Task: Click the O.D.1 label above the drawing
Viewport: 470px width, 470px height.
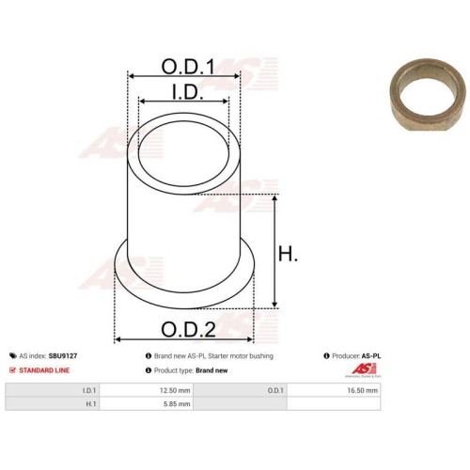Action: coord(188,67)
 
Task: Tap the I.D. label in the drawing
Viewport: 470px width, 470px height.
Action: coord(188,91)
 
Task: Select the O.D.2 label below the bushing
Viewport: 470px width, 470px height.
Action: coord(188,329)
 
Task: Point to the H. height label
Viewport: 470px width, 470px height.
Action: coord(288,254)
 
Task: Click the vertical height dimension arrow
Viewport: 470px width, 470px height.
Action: coord(274,251)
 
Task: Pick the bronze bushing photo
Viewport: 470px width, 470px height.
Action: coord(428,94)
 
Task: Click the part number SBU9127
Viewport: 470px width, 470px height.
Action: coord(63,356)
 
